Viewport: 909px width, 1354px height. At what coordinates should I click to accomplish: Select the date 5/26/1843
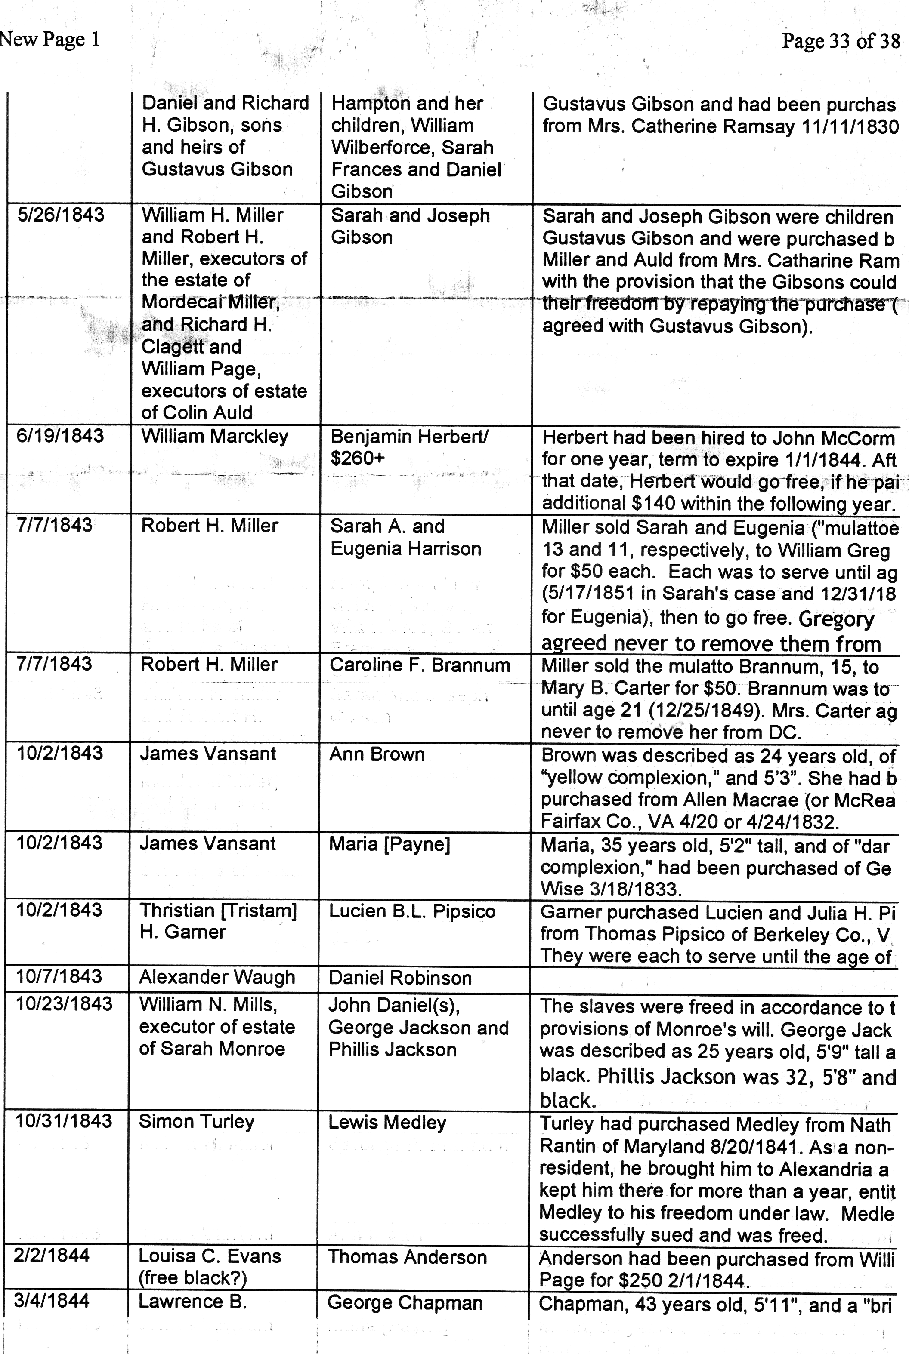point(61,215)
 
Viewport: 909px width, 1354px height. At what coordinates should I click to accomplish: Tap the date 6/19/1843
point(60,436)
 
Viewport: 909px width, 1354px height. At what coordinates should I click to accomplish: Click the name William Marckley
point(214,436)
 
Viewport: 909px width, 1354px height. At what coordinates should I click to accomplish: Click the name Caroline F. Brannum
point(420,665)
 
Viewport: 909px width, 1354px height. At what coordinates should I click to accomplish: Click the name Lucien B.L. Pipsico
point(411,911)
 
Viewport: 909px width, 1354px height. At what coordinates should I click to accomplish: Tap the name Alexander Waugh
point(217,977)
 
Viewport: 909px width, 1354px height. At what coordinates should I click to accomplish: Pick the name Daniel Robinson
point(400,978)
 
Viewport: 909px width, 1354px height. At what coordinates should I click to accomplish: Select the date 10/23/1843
point(64,1003)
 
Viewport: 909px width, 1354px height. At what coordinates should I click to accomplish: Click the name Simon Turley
point(197,1122)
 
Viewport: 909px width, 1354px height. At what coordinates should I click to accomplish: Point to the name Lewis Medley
point(387,1122)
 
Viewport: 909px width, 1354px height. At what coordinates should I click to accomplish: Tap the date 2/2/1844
point(52,1256)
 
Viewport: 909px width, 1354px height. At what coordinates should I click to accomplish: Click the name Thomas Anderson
point(407,1257)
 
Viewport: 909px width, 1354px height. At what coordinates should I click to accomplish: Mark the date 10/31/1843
point(64,1120)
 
